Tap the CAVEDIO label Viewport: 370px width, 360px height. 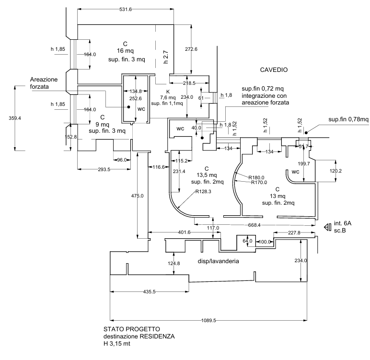[274, 70]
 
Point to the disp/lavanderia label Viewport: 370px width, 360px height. [218, 261]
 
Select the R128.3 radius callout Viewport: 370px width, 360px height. [204, 192]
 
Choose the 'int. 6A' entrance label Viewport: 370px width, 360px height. [343, 223]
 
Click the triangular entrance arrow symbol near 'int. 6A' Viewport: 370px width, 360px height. [328, 226]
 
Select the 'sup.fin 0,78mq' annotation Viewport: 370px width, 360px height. [348, 119]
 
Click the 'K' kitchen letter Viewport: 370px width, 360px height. [168, 91]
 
